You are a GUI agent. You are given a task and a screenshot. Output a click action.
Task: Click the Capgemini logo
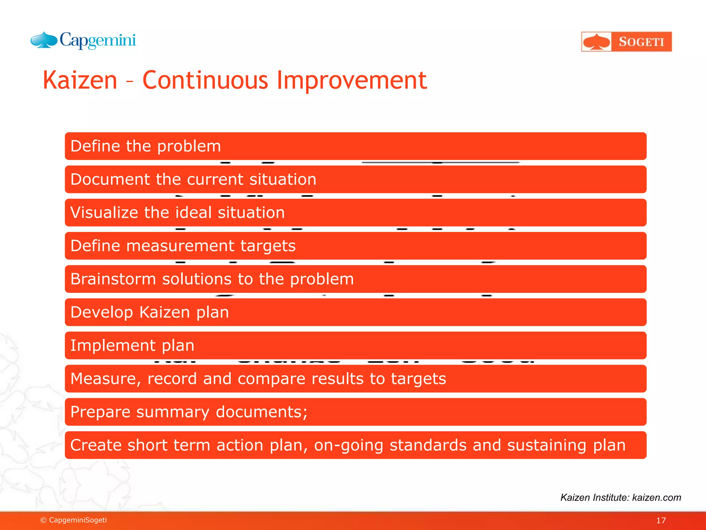coord(83,40)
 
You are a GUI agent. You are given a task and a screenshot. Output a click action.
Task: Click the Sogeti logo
coord(626,42)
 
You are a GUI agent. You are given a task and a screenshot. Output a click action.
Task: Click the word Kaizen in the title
coord(80,80)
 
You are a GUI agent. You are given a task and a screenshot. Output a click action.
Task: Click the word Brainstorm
coord(113,279)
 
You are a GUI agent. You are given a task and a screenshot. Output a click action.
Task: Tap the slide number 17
coord(660,520)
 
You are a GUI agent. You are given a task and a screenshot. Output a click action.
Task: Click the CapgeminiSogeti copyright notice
coord(73,520)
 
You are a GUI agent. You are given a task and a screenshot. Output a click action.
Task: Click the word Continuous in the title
coord(205,80)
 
